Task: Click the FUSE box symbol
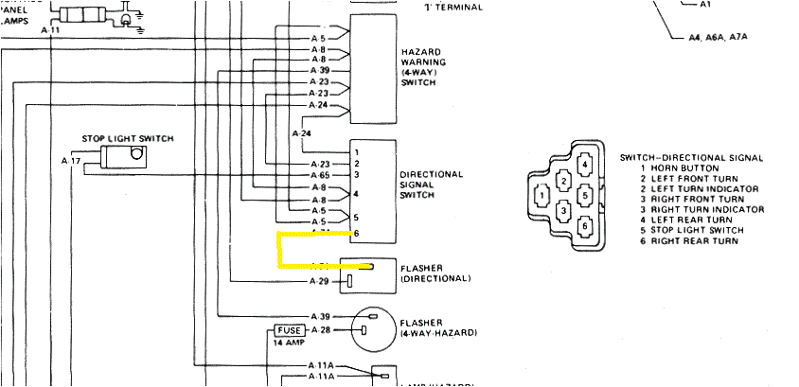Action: click(x=289, y=330)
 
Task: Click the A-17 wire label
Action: click(x=71, y=162)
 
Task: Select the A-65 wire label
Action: click(x=319, y=175)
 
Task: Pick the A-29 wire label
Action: click(x=319, y=282)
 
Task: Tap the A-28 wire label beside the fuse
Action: click(x=319, y=330)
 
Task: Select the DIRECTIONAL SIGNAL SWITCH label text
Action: click(x=431, y=185)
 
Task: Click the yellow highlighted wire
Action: click(x=280, y=250)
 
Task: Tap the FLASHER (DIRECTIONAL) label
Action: click(x=435, y=273)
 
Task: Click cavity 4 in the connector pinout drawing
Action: click(x=586, y=166)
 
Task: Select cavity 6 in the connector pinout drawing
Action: click(x=586, y=226)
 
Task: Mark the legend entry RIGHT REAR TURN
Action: click(x=689, y=241)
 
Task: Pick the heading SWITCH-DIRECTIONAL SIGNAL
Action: click(x=691, y=157)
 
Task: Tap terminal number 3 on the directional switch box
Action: click(x=356, y=174)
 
